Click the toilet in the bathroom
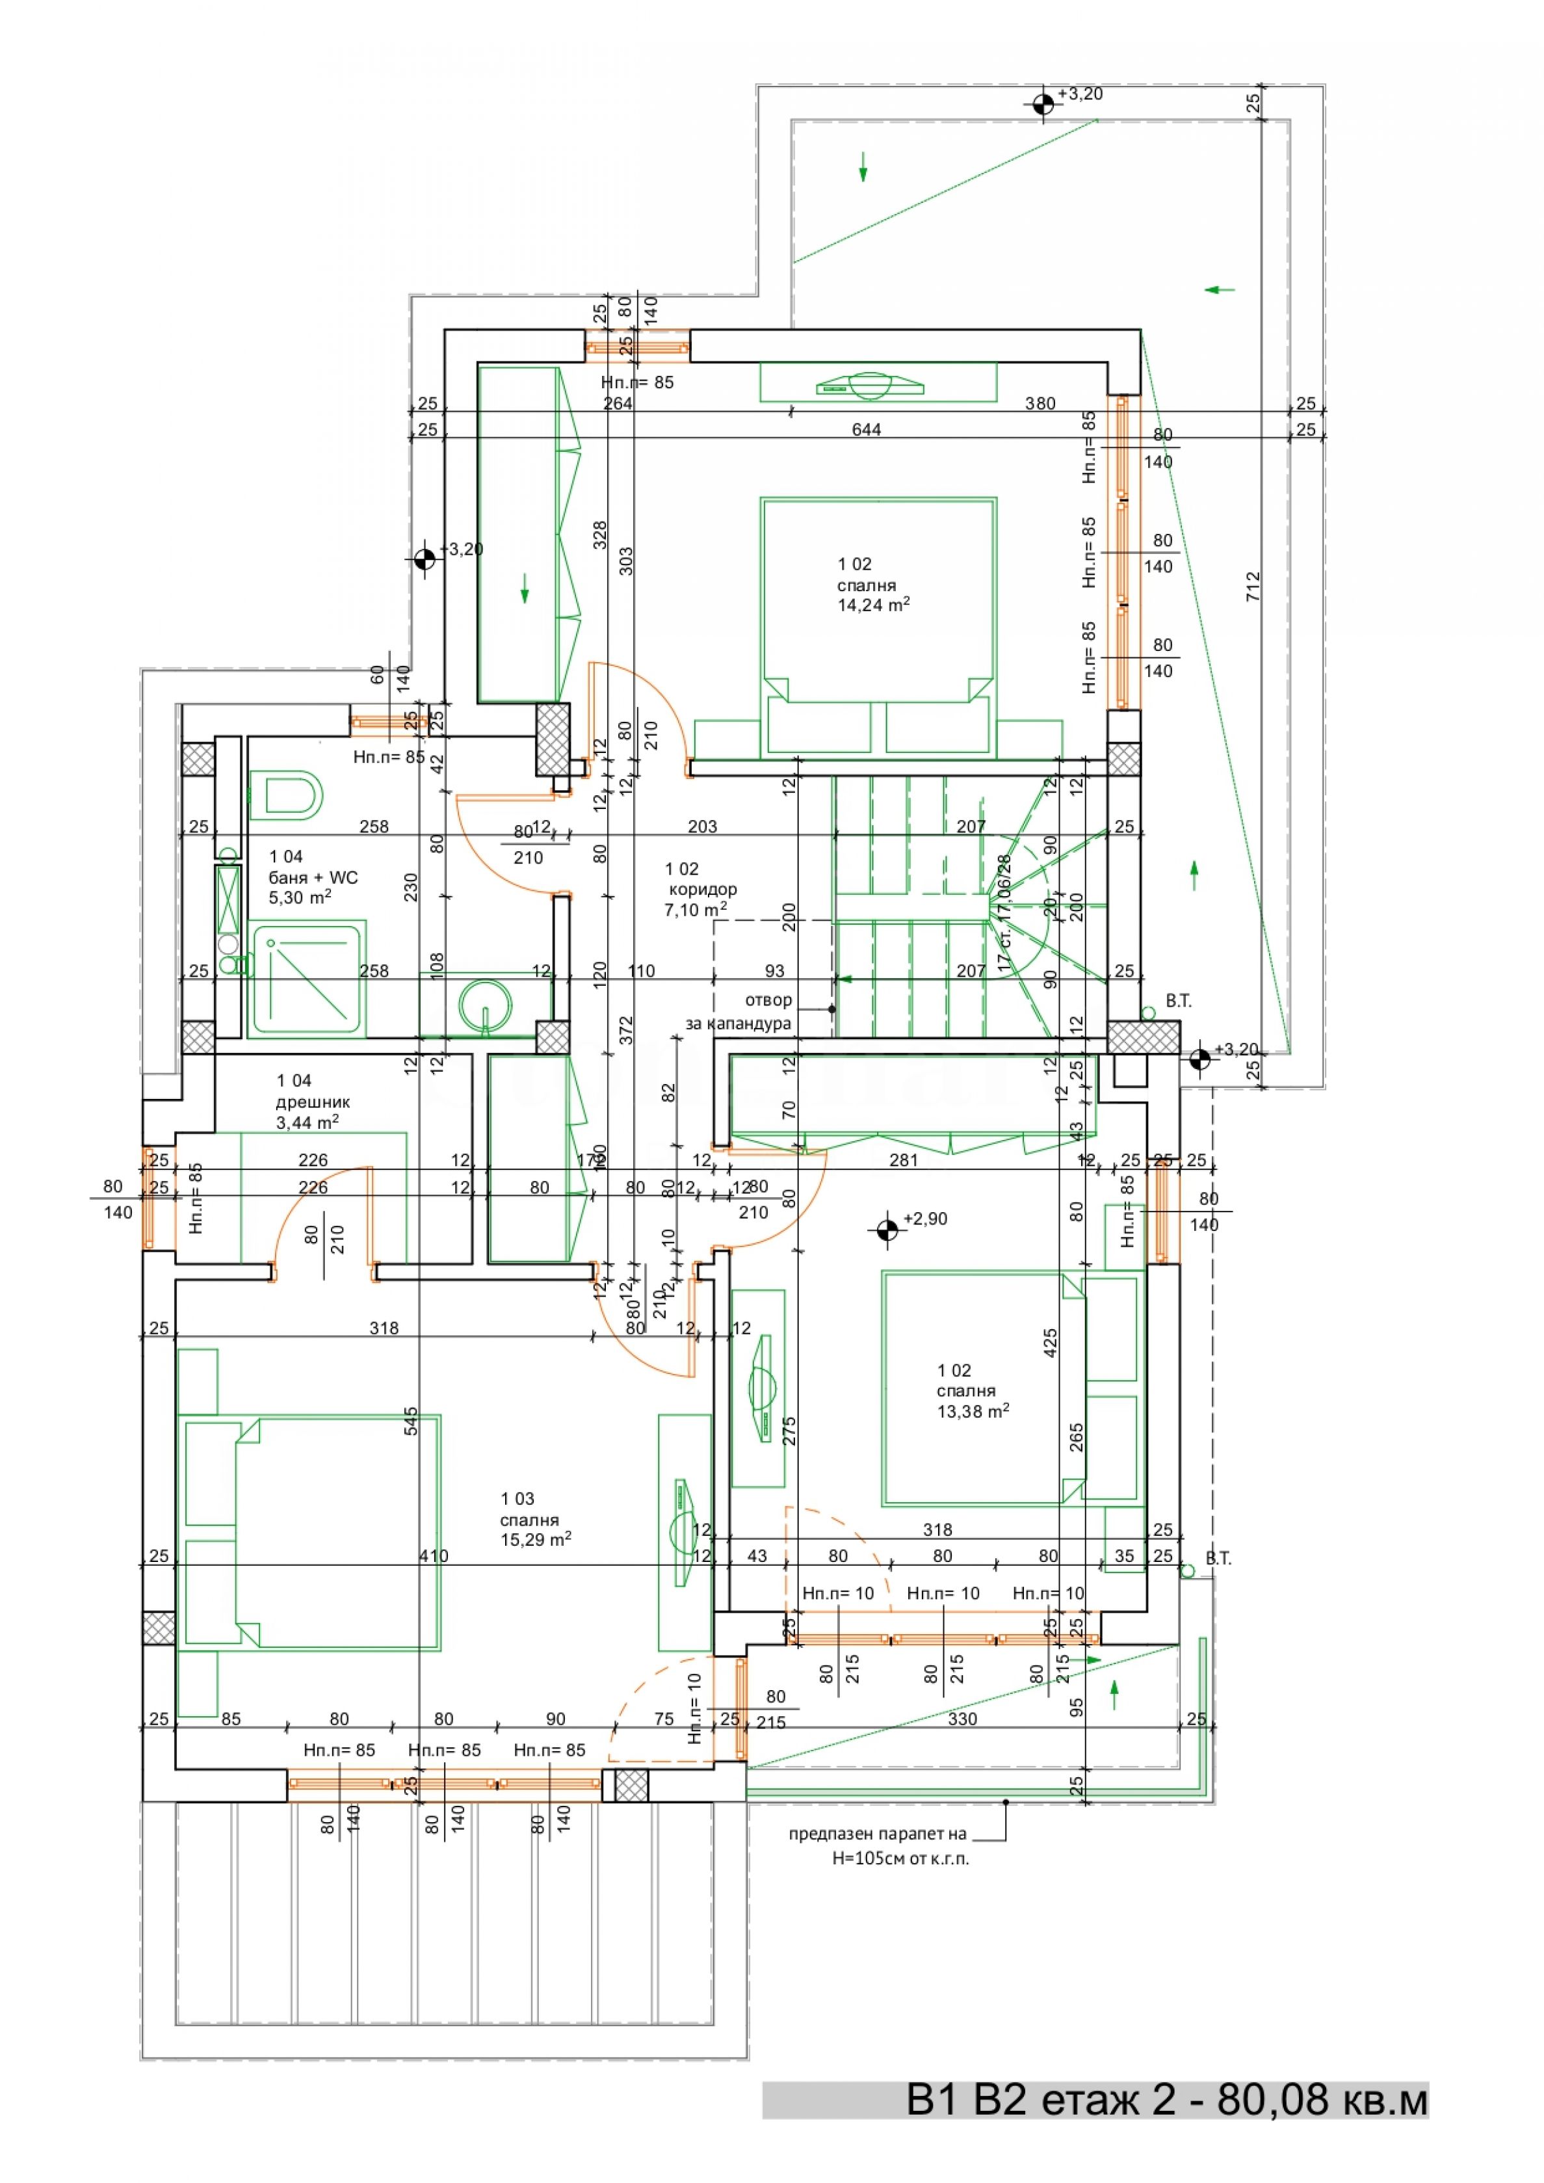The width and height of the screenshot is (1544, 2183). coord(286,794)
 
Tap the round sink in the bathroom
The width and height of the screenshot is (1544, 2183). coord(486,1003)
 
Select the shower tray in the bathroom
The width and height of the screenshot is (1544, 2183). coord(306,979)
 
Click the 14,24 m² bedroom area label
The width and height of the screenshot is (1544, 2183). coord(873,603)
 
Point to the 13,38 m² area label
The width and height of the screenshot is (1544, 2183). coord(973,1411)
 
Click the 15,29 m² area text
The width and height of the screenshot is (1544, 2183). coord(535,1539)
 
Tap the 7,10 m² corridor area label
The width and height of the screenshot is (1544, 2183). coord(696,910)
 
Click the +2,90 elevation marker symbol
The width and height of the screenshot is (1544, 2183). coord(887,1230)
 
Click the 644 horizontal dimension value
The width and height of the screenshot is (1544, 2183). coord(866,430)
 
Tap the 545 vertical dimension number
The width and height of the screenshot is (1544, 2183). coord(411,1422)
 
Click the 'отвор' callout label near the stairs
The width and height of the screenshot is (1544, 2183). coord(768,1000)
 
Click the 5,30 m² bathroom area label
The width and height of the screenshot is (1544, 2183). coord(300,897)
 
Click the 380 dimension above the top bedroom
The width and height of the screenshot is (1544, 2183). coord(1040,403)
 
